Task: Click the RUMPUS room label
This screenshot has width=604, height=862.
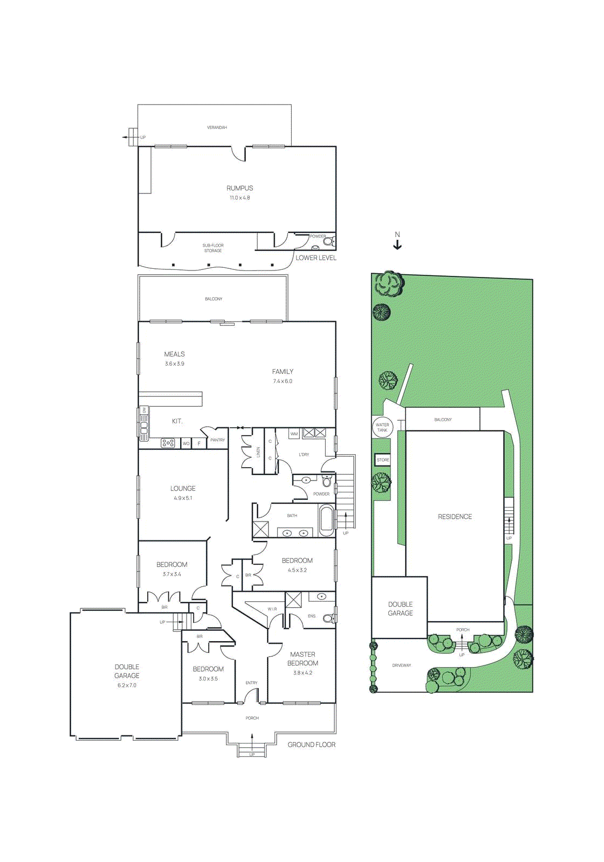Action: click(239, 188)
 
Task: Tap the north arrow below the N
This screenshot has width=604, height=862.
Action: click(397, 245)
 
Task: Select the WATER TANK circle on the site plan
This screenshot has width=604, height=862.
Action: click(382, 427)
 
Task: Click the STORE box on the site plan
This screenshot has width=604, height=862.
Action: click(383, 460)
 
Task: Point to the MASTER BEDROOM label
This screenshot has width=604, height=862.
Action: click(303, 658)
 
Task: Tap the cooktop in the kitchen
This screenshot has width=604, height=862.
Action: click(168, 443)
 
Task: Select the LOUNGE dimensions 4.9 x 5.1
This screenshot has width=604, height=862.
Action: click(183, 498)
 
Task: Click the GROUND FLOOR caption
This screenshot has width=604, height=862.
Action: click(311, 745)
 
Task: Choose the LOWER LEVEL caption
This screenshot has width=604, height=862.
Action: click(315, 258)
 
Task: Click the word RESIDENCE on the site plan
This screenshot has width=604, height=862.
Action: click(455, 517)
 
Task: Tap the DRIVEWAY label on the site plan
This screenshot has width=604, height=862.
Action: click(401, 665)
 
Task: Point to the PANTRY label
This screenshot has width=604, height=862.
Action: click(217, 440)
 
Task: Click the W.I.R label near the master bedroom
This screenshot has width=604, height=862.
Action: click(272, 609)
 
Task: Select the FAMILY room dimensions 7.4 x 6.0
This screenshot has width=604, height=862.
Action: click(283, 381)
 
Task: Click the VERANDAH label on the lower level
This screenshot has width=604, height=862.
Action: click(217, 128)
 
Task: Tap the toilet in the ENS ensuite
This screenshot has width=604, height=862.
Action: click(328, 618)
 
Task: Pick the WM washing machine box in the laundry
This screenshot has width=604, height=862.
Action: click(294, 434)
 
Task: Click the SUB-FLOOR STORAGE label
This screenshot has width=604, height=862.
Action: click(213, 248)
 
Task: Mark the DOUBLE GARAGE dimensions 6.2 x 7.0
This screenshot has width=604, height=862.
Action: click(127, 685)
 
